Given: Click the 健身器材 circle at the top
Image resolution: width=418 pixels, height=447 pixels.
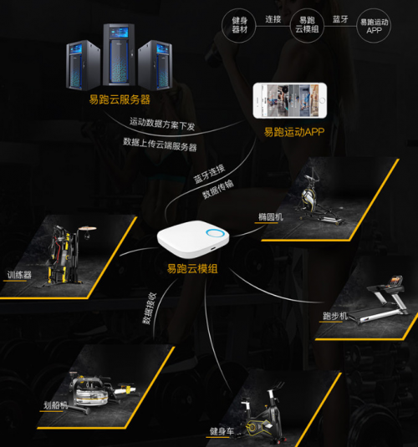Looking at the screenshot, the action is (239, 26).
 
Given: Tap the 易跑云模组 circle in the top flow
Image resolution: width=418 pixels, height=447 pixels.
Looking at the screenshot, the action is (307, 26).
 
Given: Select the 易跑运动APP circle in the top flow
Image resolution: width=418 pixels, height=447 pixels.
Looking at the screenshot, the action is (374, 26).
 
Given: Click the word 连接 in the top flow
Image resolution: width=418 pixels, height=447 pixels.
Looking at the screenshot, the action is (273, 19).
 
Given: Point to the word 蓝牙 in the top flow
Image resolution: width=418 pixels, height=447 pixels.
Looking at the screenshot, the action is (340, 19).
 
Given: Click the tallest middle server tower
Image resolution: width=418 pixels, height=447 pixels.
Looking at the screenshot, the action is (119, 54).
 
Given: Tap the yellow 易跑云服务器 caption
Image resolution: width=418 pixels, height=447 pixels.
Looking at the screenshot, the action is (120, 99).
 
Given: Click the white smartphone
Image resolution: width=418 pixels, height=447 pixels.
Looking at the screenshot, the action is (290, 100).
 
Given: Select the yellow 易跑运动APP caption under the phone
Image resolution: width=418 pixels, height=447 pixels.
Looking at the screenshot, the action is (294, 132).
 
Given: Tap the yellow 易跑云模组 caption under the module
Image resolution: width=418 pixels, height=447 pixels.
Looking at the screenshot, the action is (192, 269).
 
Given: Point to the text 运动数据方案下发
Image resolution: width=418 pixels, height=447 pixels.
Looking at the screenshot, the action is (162, 124).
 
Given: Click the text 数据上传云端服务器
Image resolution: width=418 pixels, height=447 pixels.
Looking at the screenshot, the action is (160, 145).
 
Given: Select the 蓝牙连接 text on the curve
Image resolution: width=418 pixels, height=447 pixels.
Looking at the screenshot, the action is (209, 174).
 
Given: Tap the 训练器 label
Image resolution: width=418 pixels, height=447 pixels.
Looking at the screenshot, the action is (19, 275).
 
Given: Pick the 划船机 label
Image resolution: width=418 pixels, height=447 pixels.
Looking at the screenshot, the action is (56, 405).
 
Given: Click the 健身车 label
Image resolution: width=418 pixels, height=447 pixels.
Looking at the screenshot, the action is (222, 432).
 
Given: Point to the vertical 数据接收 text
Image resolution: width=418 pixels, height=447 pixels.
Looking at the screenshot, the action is (150, 308).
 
